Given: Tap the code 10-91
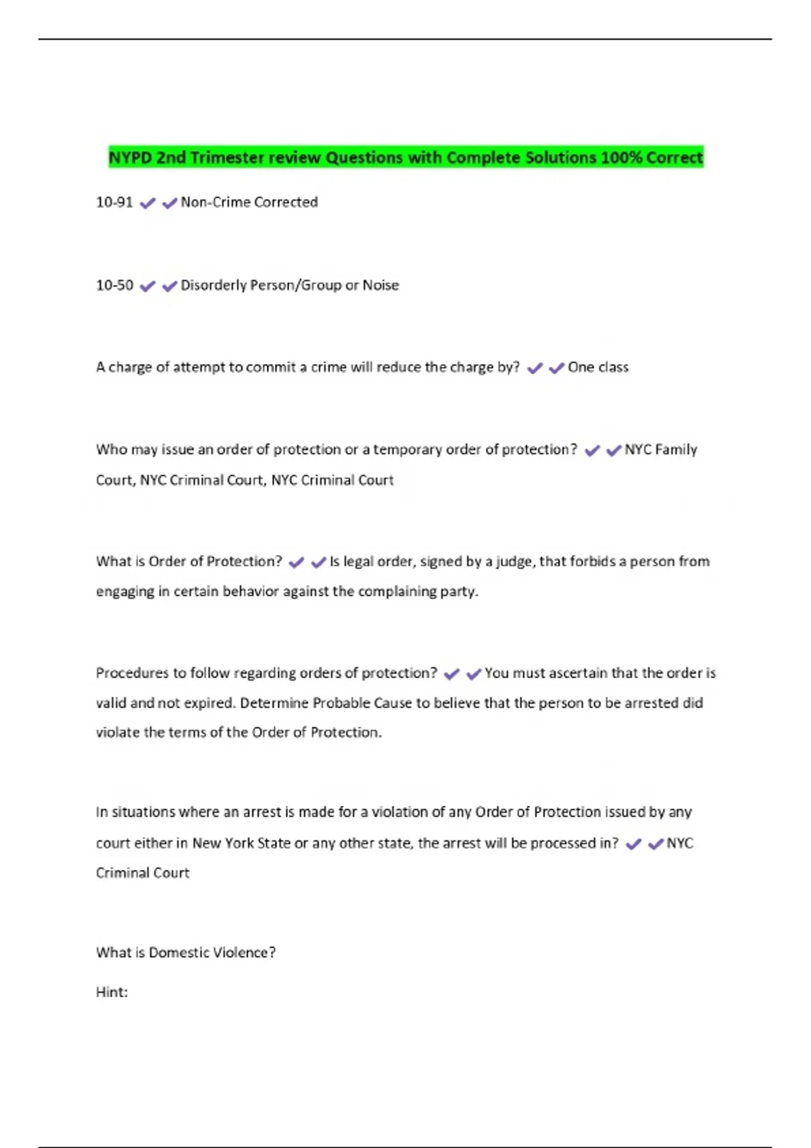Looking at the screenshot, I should [114, 202].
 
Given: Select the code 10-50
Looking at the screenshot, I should [114, 285].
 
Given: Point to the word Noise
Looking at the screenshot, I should [380, 285].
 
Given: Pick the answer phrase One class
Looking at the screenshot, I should [598, 367].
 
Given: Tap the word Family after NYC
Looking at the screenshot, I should [676, 450].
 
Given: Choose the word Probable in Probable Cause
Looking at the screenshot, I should [341, 703].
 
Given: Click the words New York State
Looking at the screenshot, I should [241, 843].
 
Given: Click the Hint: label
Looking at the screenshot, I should [112, 992].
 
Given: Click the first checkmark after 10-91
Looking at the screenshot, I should [147, 203].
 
